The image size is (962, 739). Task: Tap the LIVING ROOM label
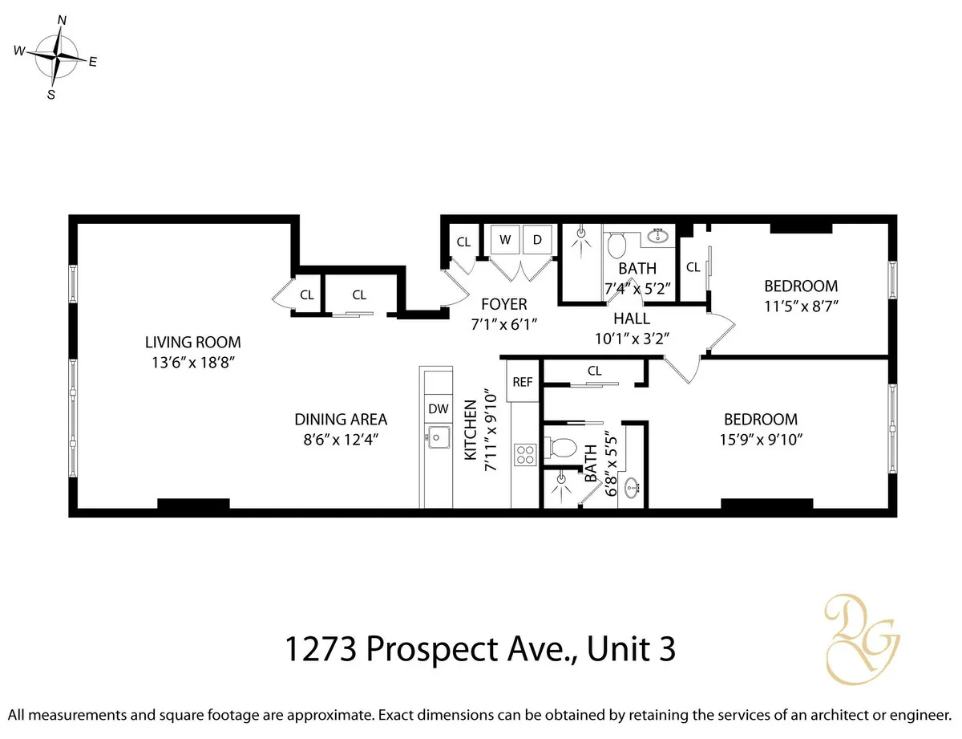click(x=192, y=342)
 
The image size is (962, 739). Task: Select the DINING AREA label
click(x=341, y=419)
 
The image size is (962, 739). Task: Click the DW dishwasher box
click(x=438, y=408)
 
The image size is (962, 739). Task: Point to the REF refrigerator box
click(x=522, y=382)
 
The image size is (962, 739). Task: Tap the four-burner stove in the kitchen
click(x=524, y=455)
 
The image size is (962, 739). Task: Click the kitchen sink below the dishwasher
click(x=437, y=438)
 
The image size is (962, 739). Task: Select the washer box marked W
click(x=505, y=240)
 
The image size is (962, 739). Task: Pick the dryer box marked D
click(x=537, y=240)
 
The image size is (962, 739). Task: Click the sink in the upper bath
click(x=660, y=236)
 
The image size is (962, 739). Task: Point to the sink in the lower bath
click(x=633, y=486)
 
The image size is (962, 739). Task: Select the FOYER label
click(x=503, y=304)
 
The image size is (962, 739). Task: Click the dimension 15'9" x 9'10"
click(x=760, y=439)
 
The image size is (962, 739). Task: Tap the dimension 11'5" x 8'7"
click(x=800, y=306)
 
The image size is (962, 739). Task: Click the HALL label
click(x=632, y=319)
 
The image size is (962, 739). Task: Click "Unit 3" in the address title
click(x=631, y=649)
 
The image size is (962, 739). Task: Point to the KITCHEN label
click(x=471, y=431)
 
